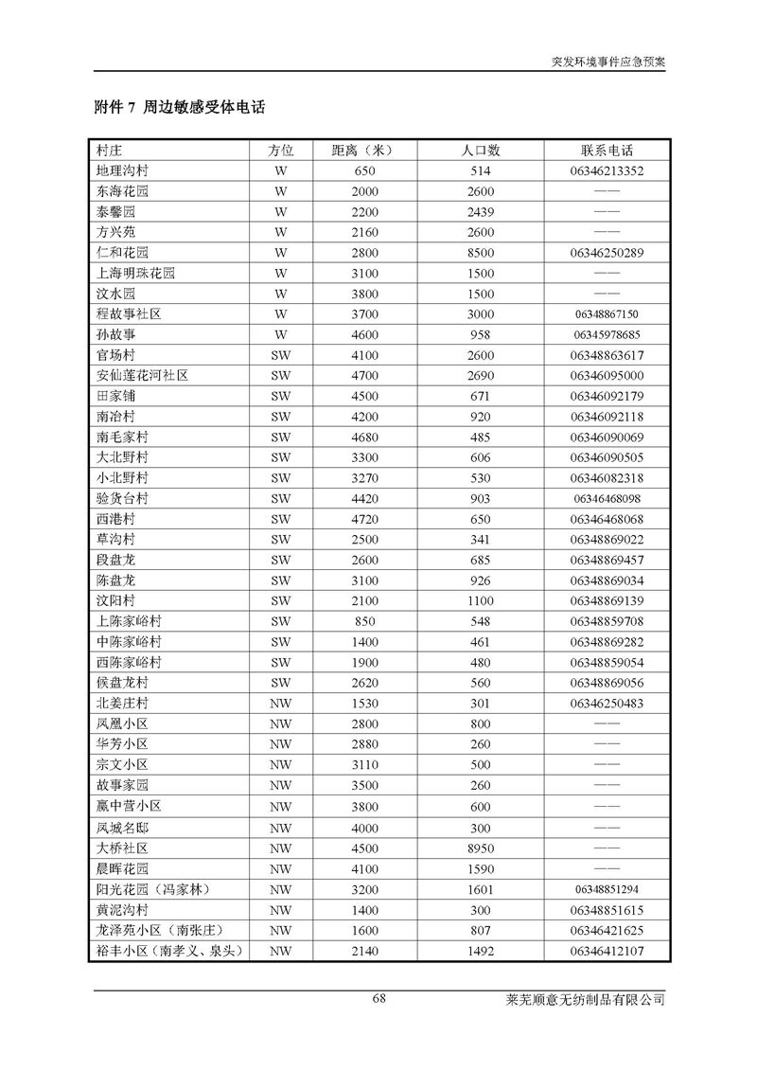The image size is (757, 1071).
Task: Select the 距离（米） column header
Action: tap(364, 151)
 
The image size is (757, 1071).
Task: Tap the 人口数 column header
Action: tap(481, 151)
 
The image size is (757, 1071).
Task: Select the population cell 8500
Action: tap(481, 253)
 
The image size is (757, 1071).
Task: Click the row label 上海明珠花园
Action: tap(135, 273)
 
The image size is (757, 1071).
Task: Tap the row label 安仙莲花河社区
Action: tap(142, 375)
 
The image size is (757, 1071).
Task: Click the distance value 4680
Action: tap(364, 437)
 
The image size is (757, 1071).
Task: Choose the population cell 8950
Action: tap(481, 848)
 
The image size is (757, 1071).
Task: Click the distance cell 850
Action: tap(364, 621)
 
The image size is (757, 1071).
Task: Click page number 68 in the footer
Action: tap(379, 998)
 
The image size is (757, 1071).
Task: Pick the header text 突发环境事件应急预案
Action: tap(608, 60)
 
